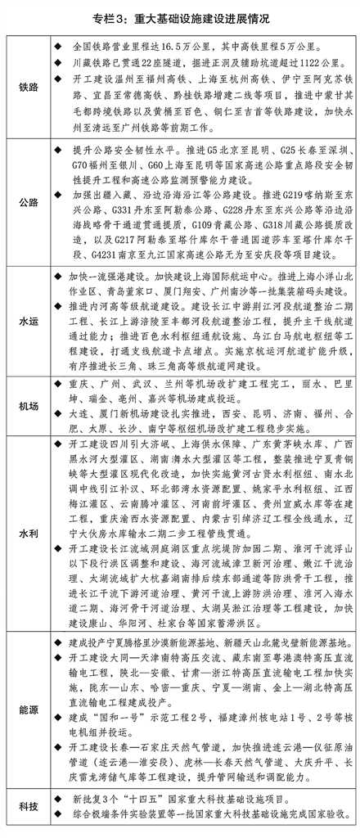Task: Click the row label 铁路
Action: click(x=28, y=85)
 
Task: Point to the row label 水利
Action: click(x=28, y=533)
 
